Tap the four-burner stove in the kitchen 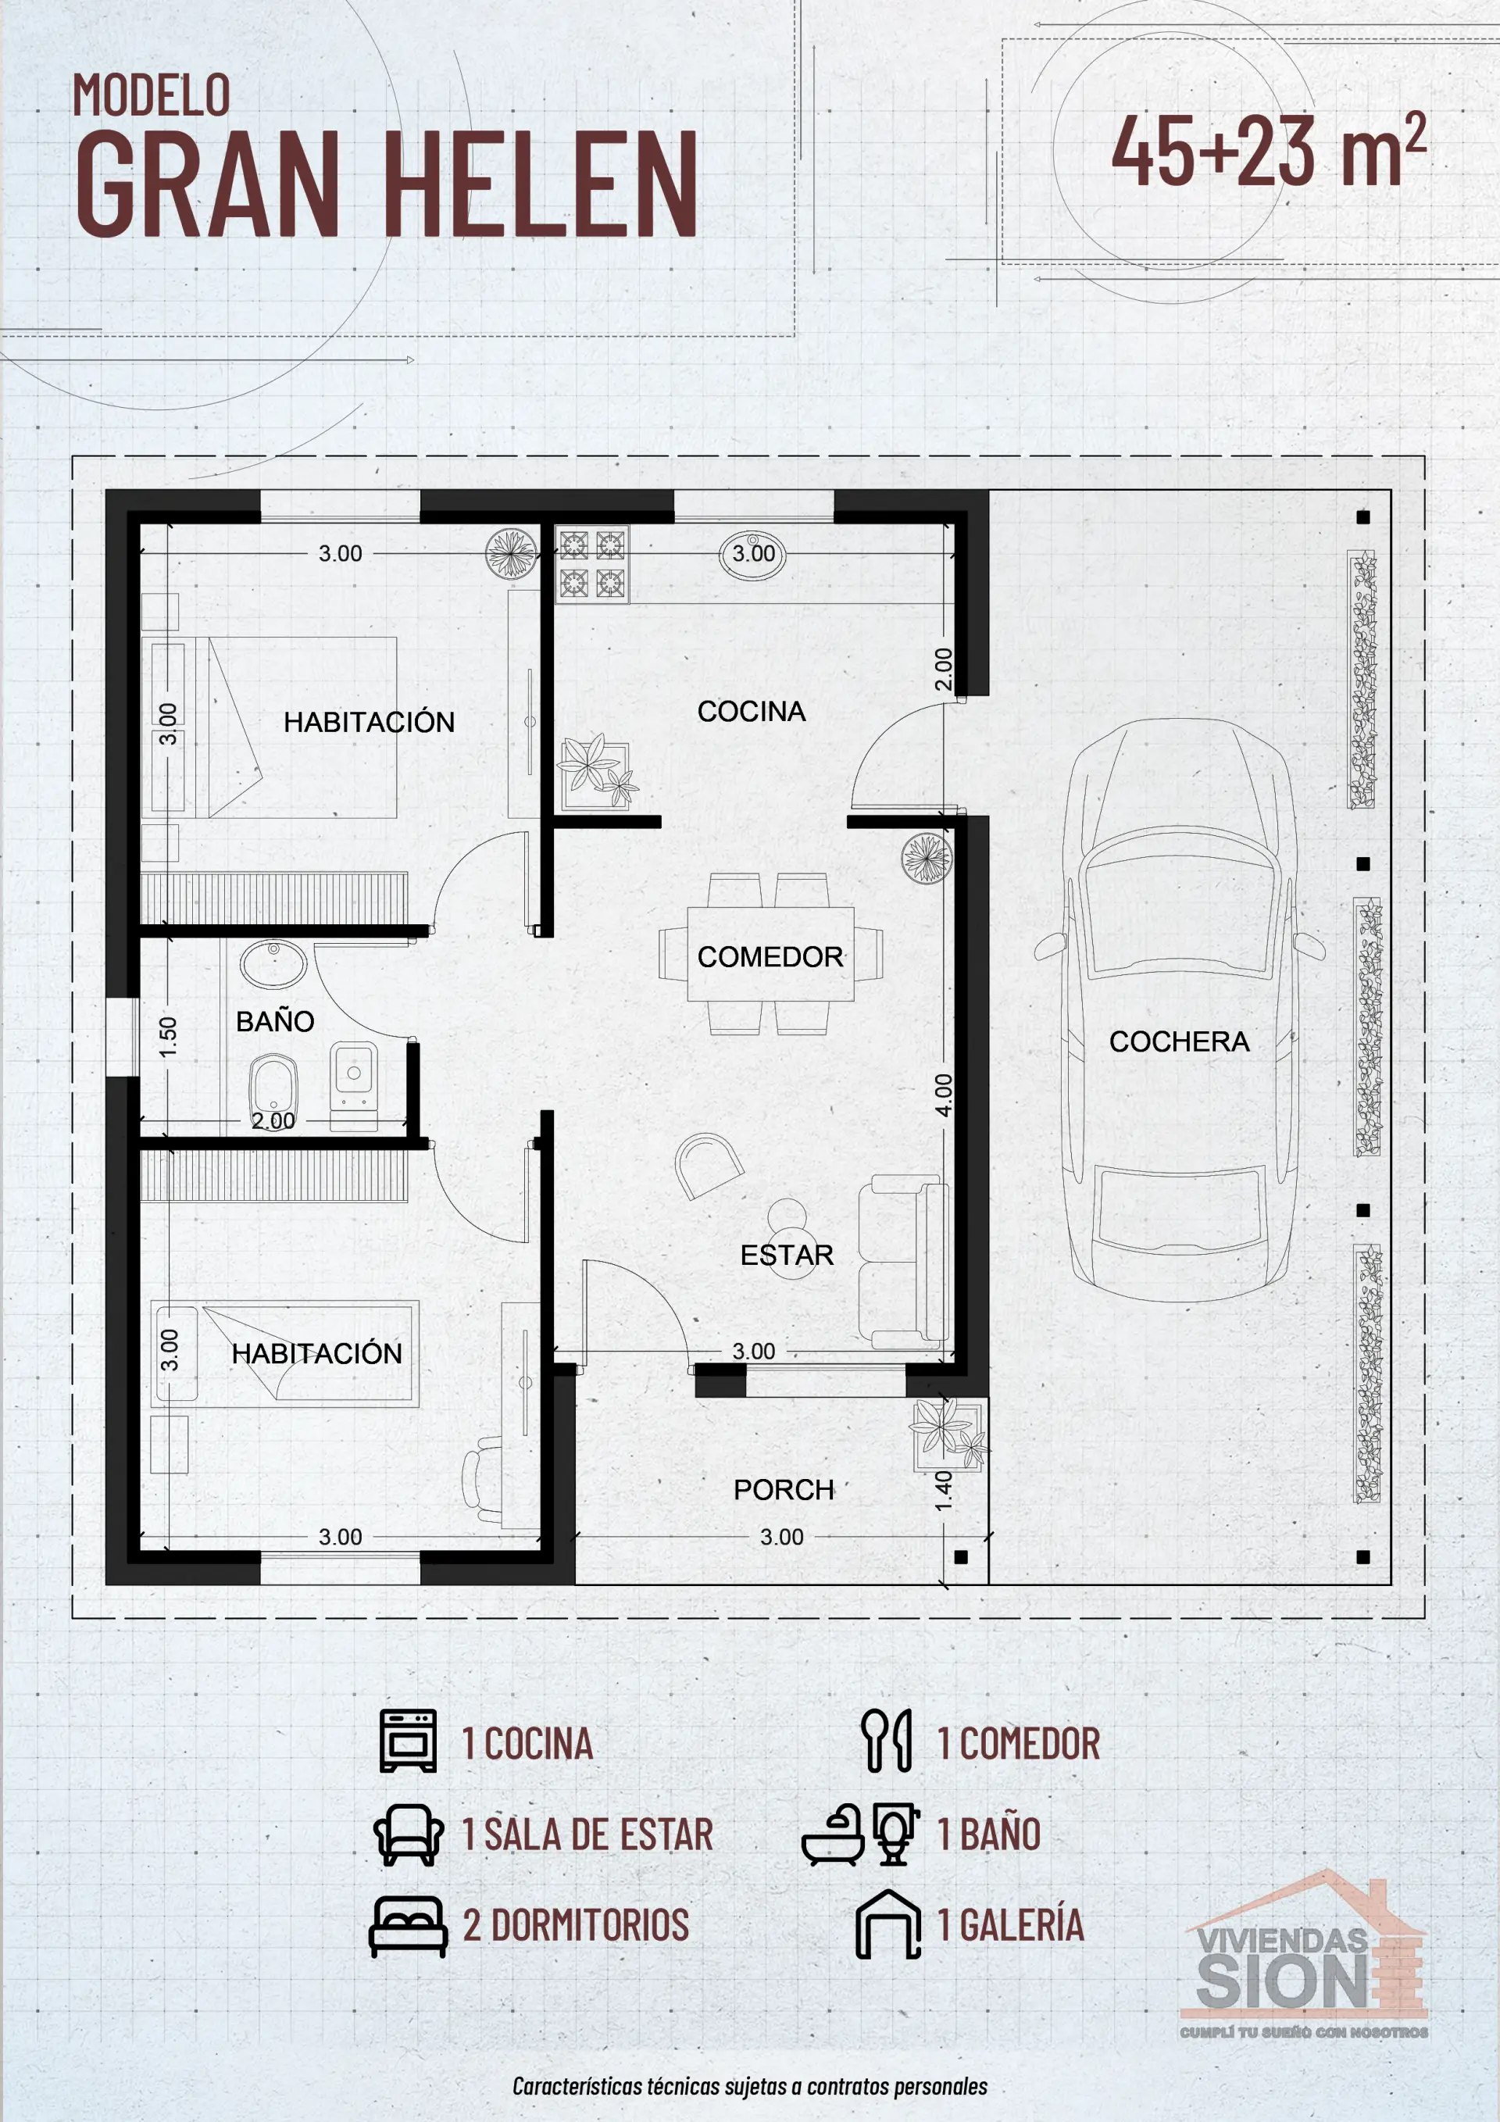coord(591,564)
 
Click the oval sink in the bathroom coord(273,964)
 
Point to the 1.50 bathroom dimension coord(167,1037)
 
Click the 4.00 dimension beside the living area coord(943,1095)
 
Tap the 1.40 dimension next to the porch coord(943,1491)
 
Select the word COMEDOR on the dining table coord(770,956)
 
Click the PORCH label coord(783,1490)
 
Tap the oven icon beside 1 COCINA coord(408,1740)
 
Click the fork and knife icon coord(887,1740)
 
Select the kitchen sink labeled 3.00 coord(752,555)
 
